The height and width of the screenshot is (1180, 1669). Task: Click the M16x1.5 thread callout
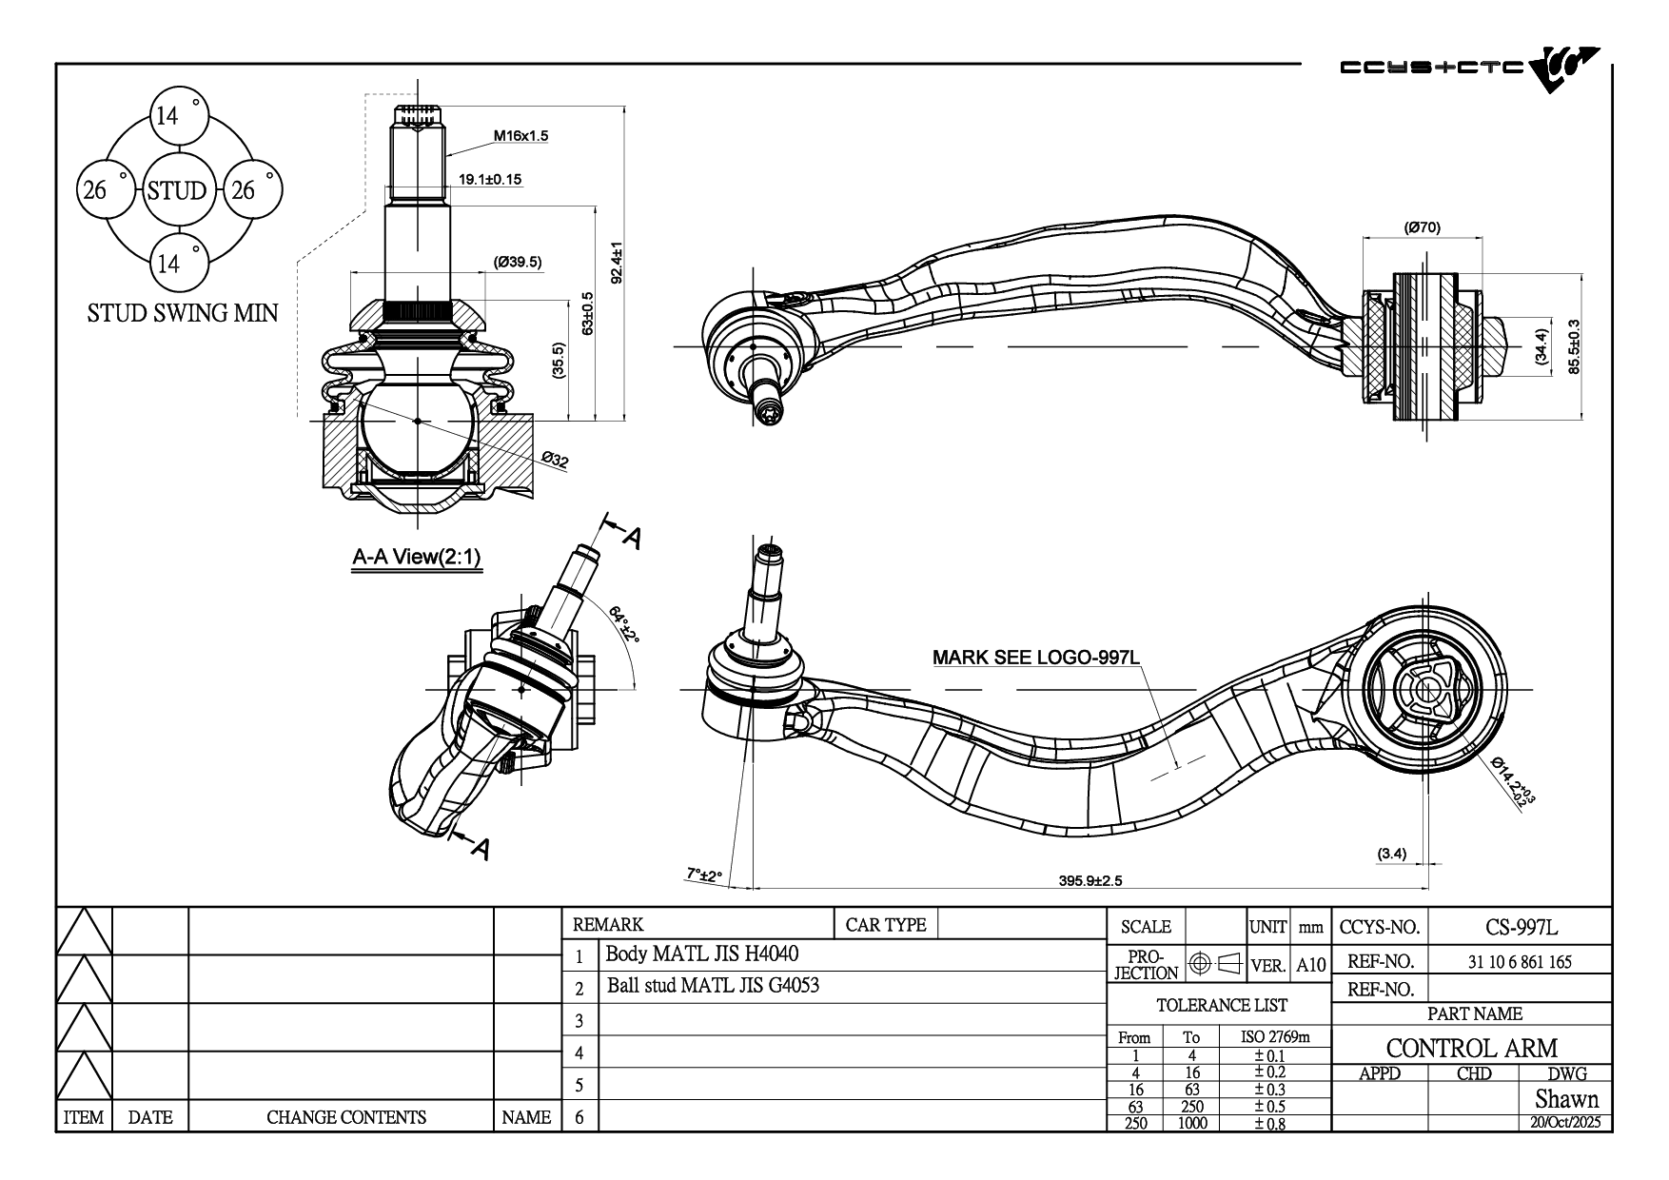click(x=520, y=136)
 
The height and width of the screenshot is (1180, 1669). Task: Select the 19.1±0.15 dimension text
click(x=490, y=179)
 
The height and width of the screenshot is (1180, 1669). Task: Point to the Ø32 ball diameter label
click(x=555, y=462)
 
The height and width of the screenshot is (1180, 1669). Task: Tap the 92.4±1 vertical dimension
click(x=617, y=262)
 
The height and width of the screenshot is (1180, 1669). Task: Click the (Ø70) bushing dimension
click(x=1423, y=227)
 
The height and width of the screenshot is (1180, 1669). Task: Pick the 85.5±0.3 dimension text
click(x=1574, y=346)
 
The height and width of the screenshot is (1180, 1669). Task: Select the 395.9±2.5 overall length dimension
click(x=1090, y=880)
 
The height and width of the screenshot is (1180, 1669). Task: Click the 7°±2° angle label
click(x=704, y=875)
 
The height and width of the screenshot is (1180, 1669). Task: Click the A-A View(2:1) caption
click(x=417, y=558)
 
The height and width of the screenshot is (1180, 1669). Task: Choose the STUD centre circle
click(x=177, y=190)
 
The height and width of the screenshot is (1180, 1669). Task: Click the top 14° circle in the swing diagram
click(x=178, y=116)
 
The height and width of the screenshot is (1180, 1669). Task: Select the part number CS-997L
click(x=1521, y=927)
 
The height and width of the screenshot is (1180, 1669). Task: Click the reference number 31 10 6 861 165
click(x=1520, y=961)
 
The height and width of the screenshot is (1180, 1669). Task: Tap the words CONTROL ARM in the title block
click(x=1471, y=1048)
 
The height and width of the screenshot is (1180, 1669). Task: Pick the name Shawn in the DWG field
click(x=1566, y=1099)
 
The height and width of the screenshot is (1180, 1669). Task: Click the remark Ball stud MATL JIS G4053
click(x=713, y=986)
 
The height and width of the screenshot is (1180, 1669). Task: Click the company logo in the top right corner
click(x=1469, y=69)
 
